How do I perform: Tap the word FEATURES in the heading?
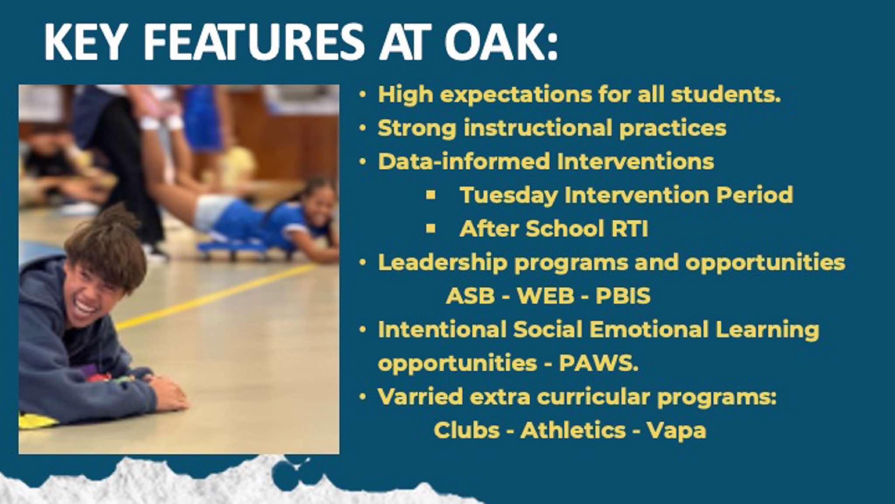click(x=254, y=42)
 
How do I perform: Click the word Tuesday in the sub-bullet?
click(x=508, y=195)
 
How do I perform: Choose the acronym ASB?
click(x=470, y=296)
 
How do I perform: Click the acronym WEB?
click(x=545, y=296)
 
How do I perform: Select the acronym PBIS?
click(x=623, y=296)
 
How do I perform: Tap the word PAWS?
click(x=599, y=363)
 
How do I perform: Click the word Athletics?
click(x=573, y=430)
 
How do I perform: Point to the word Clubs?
click(x=467, y=430)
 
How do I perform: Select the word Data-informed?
click(x=464, y=162)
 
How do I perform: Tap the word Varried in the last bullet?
click(x=420, y=397)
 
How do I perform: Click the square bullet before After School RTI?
click(x=431, y=229)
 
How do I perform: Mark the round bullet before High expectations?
click(x=362, y=94)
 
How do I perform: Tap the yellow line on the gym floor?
click(x=214, y=296)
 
